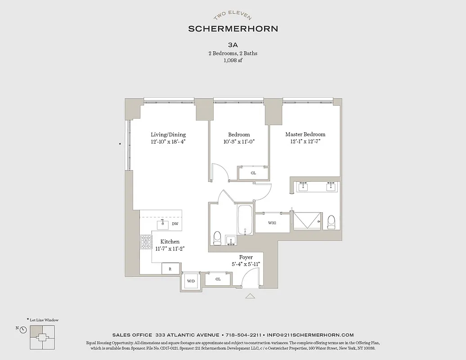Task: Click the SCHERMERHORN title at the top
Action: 233,28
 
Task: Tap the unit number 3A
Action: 233,45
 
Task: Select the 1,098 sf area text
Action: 233,60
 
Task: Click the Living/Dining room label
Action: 168,135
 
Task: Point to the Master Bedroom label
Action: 305,135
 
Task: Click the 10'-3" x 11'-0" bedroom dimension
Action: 239,141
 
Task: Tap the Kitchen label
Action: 170,242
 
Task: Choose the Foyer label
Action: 246,257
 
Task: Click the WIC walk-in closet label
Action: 272,223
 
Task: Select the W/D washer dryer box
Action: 191,281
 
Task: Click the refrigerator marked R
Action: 170,269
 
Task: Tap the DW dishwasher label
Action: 175,224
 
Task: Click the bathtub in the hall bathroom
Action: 245,220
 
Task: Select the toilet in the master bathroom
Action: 332,221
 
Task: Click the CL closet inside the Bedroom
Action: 253,173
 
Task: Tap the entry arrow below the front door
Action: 250,296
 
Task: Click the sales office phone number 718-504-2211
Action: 244,335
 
